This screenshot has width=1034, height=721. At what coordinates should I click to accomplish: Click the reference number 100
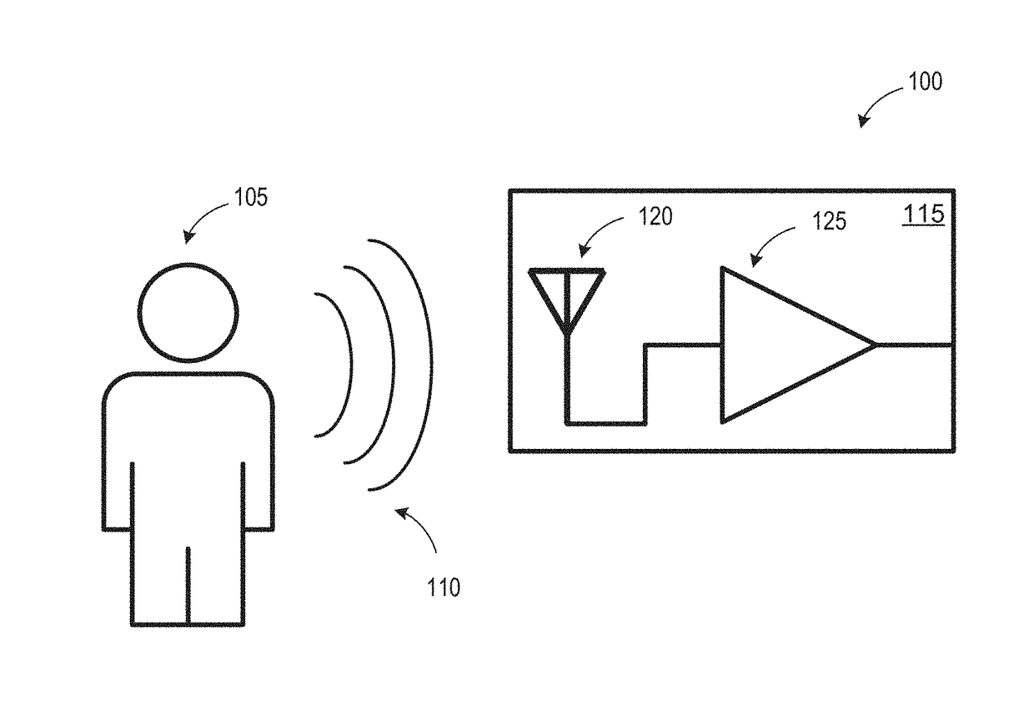[925, 82]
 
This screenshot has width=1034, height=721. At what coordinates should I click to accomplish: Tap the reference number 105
[250, 199]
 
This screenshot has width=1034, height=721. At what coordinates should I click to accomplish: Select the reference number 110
[443, 587]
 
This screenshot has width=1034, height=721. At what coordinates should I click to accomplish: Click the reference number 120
[655, 217]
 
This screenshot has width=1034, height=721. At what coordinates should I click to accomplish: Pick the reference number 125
[829, 221]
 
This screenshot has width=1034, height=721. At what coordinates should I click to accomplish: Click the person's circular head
[188, 312]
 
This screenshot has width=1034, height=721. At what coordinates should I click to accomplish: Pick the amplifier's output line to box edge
[915, 345]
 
